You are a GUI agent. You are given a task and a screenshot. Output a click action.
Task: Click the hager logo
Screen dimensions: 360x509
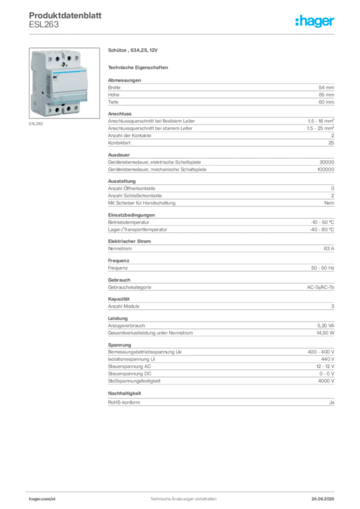pos(314,21)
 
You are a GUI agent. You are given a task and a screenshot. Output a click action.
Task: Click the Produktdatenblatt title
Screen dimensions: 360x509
pos(65,15)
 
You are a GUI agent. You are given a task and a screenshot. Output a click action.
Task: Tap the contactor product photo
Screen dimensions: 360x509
pos(64,83)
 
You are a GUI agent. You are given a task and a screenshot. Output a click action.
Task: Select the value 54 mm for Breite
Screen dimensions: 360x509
pos(326,87)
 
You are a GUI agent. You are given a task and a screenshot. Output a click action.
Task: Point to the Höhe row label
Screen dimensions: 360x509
pos(113,95)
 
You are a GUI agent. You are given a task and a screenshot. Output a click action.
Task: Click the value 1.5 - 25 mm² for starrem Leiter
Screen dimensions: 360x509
pos(320,128)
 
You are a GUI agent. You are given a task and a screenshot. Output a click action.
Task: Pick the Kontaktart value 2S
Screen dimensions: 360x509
pos(331,143)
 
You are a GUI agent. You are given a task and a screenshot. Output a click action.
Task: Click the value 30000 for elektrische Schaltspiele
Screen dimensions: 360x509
pos(327,162)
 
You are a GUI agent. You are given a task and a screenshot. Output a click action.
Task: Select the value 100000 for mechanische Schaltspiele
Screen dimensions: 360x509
pos(326,170)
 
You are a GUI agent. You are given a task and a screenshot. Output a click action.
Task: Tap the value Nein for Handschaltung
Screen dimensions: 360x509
pos(329,203)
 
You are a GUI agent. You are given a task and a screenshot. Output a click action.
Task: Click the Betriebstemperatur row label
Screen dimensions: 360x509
pos(129,222)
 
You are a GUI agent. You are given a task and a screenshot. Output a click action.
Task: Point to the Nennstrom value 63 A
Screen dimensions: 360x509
pos(329,249)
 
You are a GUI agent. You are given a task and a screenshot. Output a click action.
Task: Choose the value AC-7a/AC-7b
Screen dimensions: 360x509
pos(320,287)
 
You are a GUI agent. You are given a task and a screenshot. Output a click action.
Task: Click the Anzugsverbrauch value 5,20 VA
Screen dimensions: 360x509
pos(326,326)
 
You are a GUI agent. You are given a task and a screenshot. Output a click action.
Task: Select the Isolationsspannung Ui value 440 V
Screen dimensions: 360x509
pos(328,359)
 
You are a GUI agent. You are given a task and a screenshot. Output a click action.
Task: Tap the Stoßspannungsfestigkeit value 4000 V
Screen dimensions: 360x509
pos(326,381)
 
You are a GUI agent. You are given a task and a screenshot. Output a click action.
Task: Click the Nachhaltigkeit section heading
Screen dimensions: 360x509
pos(124,394)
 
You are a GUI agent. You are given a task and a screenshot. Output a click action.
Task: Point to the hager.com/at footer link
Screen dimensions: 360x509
pos(42,499)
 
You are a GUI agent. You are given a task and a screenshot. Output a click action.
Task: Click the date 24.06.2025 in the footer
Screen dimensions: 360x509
pos(323,499)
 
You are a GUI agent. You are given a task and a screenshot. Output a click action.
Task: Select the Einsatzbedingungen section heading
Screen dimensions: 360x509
pos(131,215)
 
